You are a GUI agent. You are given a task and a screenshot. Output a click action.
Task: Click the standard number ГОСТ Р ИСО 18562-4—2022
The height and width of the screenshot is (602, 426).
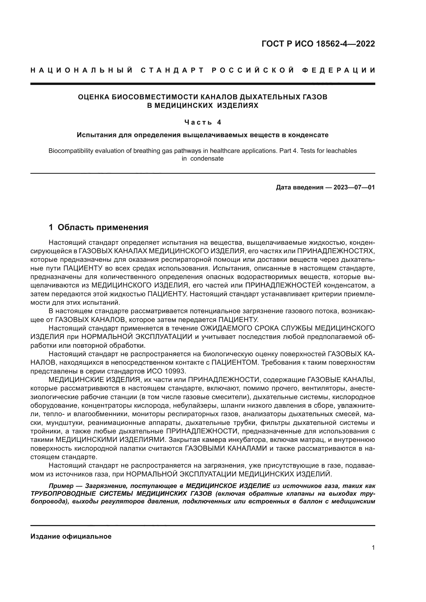(x=318, y=44)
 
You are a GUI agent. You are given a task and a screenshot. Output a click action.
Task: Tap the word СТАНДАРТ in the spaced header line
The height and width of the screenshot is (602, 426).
(x=172, y=70)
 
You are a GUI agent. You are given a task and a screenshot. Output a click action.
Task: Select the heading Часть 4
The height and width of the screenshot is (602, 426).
(x=202, y=122)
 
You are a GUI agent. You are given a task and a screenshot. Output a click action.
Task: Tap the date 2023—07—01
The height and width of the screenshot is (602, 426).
(x=354, y=187)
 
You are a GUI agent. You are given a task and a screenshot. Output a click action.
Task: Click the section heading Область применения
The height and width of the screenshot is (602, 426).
(x=103, y=227)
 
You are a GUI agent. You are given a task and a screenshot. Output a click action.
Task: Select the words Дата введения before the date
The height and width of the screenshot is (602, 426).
(x=299, y=187)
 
